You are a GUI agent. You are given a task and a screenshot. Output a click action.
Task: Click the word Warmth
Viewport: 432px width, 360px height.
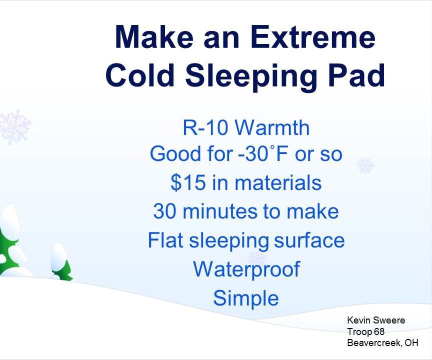[272, 128]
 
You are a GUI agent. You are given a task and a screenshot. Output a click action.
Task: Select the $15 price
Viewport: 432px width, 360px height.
[188, 183]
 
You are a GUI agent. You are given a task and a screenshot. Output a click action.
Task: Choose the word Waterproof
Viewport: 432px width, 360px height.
[246, 269]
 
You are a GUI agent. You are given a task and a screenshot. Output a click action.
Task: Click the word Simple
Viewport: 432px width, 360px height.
[245, 298]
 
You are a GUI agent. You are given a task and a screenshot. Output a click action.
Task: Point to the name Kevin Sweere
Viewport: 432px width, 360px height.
[375, 320]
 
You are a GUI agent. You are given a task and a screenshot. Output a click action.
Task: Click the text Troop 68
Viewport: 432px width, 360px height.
[365, 331]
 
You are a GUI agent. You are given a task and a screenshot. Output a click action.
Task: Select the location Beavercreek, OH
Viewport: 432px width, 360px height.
[382, 342]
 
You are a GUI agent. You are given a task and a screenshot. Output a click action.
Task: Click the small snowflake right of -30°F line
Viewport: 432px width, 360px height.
[365, 165]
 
